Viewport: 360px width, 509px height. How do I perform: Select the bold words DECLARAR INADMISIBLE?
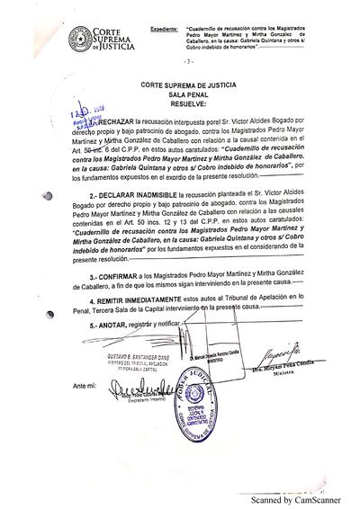tap(147, 194)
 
